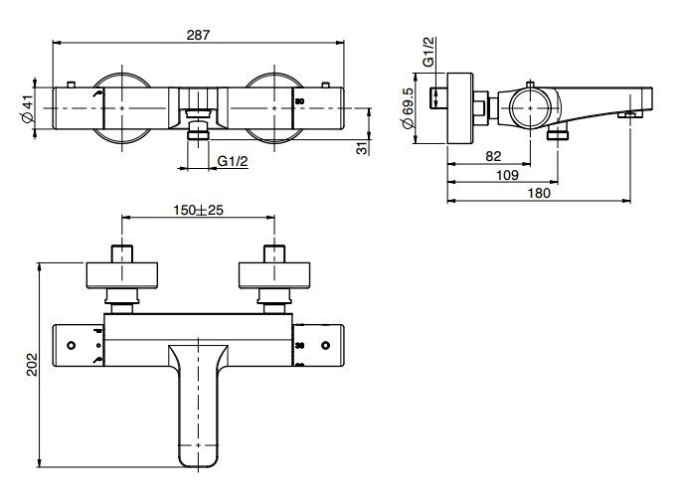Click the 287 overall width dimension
(198, 35)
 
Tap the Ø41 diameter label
(28, 109)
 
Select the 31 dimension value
(362, 149)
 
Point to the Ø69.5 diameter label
(408, 109)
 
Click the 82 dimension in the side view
(493, 156)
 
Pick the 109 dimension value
(507, 175)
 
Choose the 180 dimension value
(539, 193)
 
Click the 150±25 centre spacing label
(198, 211)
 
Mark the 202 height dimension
(32, 364)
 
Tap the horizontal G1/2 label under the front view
(233, 161)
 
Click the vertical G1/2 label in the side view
(428, 52)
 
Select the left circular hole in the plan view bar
(71, 346)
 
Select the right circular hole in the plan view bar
(325, 346)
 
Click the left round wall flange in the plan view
(122, 275)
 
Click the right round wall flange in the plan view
(274, 275)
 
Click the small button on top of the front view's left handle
(71, 84)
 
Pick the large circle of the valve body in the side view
(530, 107)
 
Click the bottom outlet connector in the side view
(558, 134)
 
